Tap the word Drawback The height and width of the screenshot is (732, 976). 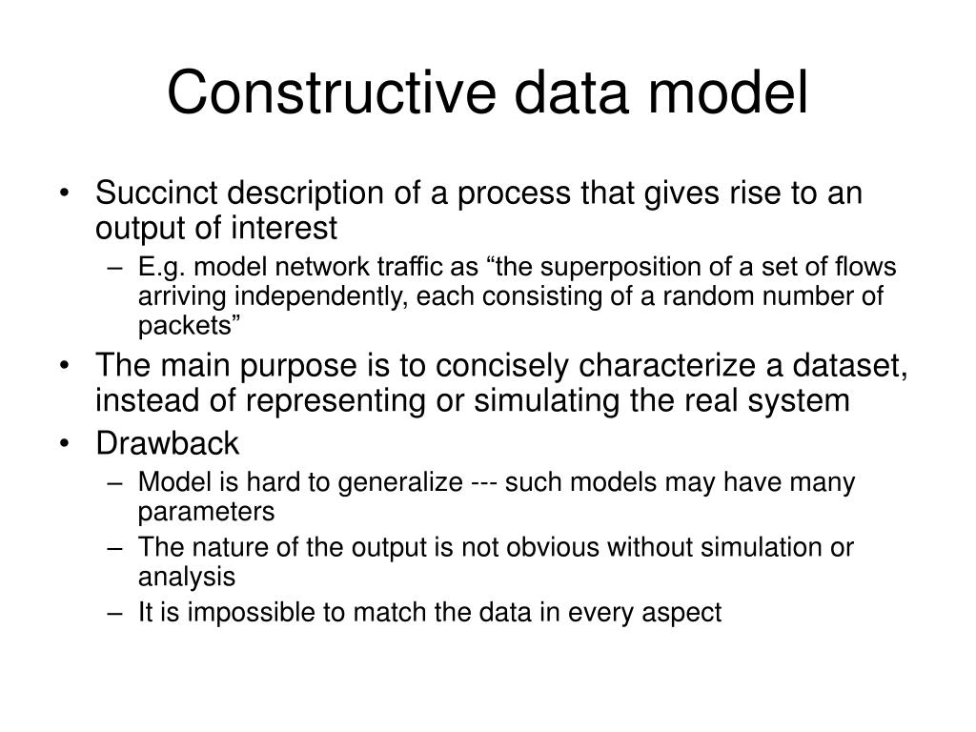pos(168,443)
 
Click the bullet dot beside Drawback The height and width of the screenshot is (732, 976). pos(75,444)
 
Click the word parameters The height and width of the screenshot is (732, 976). pos(206,512)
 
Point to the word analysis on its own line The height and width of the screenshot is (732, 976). pos(186,577)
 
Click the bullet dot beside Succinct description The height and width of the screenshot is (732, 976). pos(75,194)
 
